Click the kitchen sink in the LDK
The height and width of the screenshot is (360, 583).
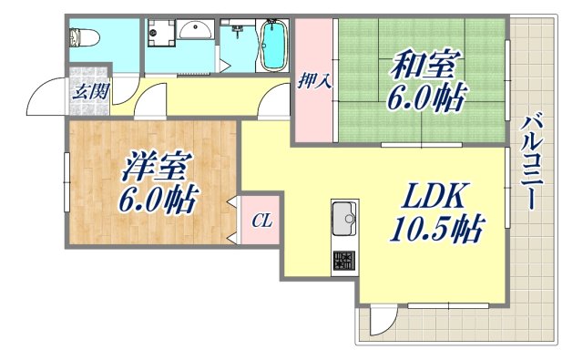pos(344,219)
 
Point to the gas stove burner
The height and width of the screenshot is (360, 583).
pos(345,261)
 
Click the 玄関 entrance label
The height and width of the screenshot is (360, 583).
pos(87,90)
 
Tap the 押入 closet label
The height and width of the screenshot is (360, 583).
pos(314,81)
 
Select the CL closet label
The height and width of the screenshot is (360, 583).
pos(261,221)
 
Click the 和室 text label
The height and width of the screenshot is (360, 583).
pos(426,66)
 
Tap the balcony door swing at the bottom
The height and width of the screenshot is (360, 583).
pos(384,322)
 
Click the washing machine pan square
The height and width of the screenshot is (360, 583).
pos(161,35)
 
